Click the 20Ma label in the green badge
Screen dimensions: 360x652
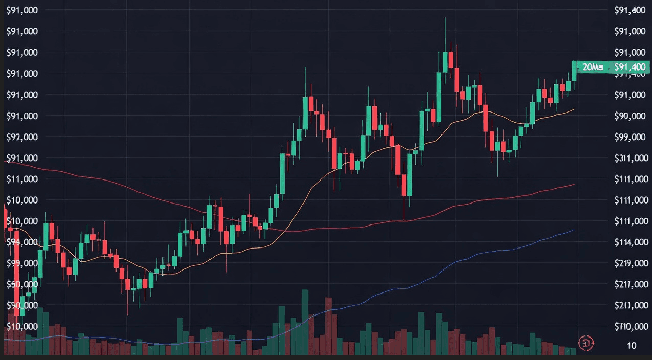593,67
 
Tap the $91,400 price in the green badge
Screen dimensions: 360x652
630,67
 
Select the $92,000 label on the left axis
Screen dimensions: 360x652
22,137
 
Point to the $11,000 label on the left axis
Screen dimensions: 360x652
22,179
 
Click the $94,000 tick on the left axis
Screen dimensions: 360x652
22,242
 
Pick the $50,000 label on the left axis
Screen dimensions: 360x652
22,284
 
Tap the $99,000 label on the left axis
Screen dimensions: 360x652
22,263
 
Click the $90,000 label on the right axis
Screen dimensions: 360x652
631,116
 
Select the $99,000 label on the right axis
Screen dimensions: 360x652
631,137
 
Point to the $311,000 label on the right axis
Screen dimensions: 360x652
632,159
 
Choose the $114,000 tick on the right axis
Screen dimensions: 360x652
632,242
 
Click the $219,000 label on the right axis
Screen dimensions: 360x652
632,263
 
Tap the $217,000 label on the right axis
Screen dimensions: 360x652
632,284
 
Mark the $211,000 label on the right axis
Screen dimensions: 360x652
632,305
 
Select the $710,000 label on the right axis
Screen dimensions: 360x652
632,327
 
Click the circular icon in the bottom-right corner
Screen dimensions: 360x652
586,342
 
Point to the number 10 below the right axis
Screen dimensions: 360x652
632,346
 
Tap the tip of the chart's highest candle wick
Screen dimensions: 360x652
445,18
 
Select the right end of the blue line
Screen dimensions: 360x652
574,230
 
